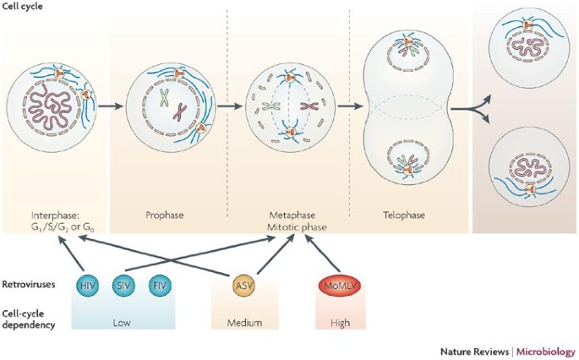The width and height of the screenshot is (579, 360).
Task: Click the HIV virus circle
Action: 87,285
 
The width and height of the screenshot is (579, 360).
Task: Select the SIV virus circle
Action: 124,285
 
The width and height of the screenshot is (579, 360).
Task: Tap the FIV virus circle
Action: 161,285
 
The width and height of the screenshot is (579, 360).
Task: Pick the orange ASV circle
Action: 245,285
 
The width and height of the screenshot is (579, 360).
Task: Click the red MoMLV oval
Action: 336,285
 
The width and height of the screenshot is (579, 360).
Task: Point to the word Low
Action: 123,322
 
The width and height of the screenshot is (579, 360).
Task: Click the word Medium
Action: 245,322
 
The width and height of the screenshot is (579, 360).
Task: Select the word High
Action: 336,322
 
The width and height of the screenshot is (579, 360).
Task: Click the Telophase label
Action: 398,215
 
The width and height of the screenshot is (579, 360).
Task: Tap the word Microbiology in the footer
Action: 544,350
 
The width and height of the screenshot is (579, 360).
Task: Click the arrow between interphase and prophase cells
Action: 111,107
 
